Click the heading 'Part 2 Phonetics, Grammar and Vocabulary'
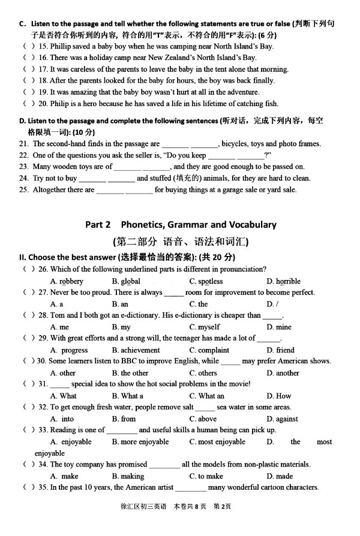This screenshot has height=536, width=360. [x=181, y=225]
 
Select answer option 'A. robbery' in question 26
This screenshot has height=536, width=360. [x=67, y=281]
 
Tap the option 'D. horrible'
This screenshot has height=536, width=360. [x=284, y=281]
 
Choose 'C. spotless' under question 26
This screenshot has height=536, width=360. [x=206, y=281]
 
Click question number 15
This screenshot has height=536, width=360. [x=43, y=46]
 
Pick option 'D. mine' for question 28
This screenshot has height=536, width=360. [x=279, y=327]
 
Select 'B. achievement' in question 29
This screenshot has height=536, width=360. [x=136, y=350]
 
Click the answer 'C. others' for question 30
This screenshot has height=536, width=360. [x=203, y=373]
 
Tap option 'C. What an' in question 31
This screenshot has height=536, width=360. [x=206, y=396]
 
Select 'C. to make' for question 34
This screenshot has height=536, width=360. [x=206, y=476]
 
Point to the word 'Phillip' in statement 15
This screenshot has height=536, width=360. [x=62, y=46]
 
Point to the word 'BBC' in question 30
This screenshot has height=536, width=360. [x=123, y=362]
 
